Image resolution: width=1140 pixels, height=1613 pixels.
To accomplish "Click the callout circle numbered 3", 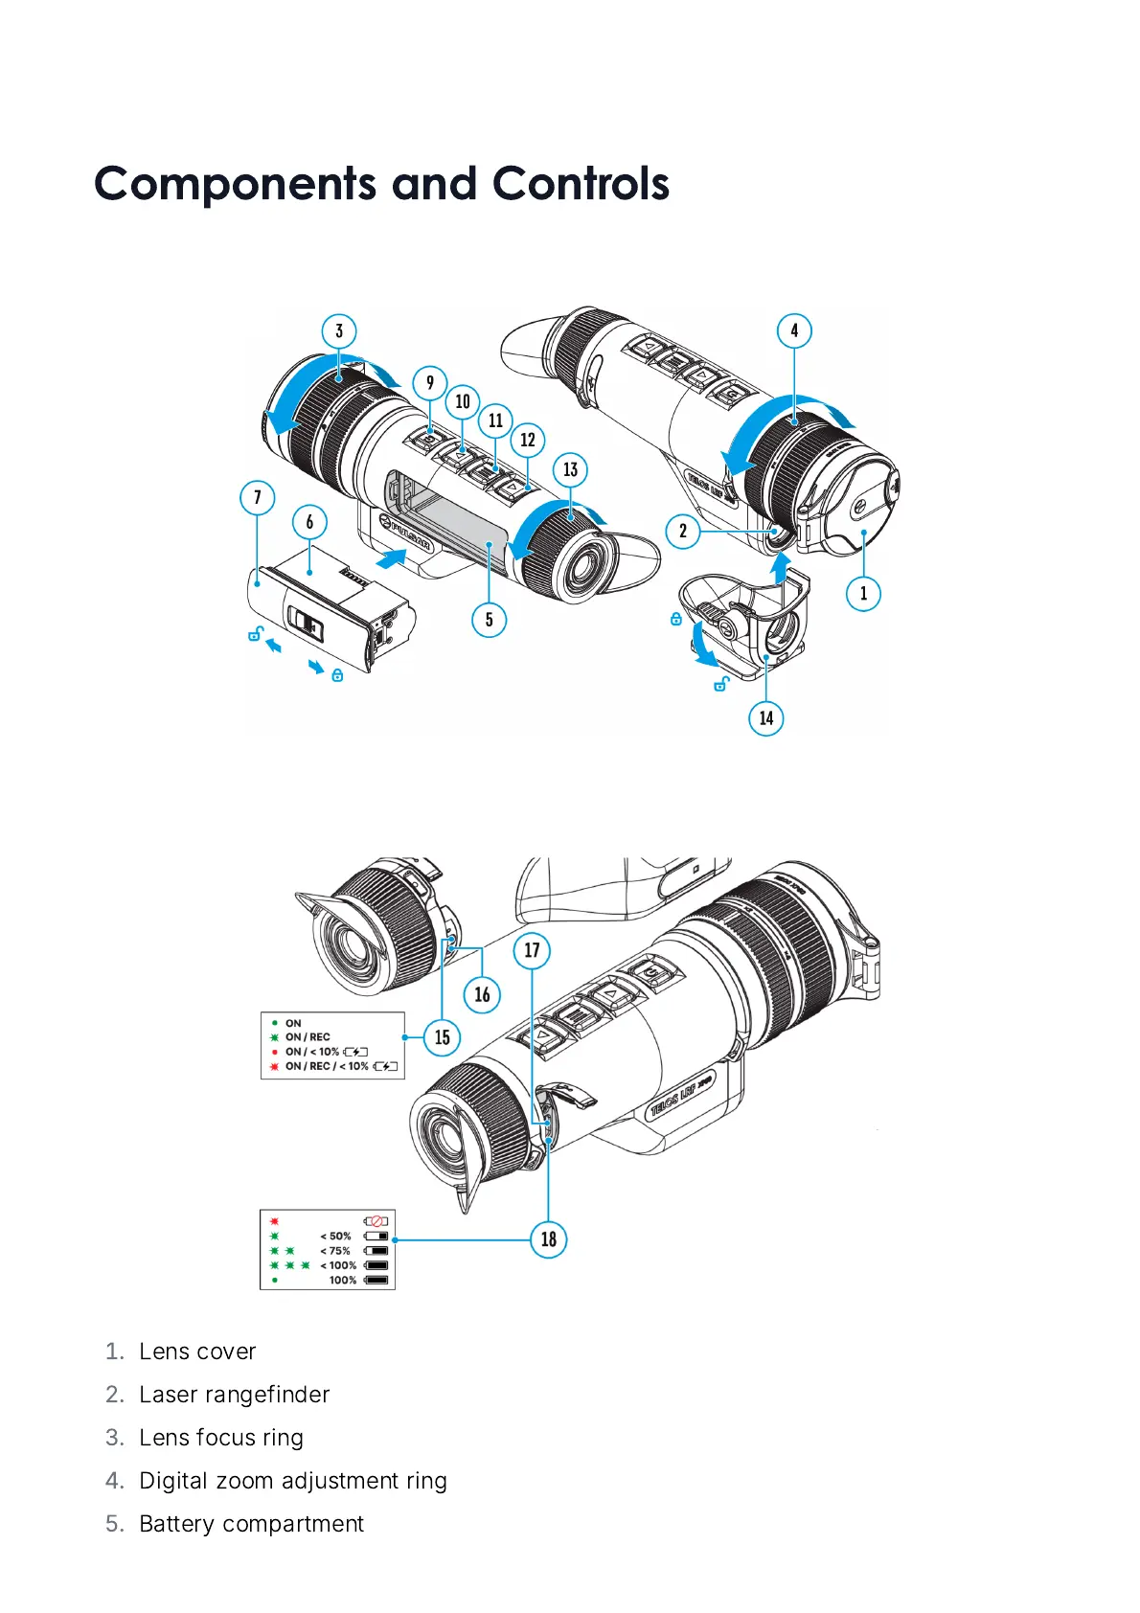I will [339, 331].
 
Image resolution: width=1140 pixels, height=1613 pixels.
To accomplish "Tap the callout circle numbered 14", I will [765, 717].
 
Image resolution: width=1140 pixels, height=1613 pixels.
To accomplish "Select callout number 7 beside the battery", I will [257, 497].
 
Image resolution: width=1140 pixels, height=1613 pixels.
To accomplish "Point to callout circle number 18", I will [549, 1239].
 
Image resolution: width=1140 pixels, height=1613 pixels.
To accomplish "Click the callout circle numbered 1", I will [863, 593].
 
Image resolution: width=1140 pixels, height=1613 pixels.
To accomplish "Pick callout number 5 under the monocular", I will [489, 620].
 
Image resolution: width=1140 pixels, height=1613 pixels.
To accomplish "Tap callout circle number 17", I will [532, 950].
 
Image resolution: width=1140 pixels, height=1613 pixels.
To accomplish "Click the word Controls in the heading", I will [581, 184].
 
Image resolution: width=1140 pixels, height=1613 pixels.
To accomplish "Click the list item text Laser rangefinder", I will [234, 1395].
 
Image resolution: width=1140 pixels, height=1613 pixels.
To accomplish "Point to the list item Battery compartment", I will [251, 1524].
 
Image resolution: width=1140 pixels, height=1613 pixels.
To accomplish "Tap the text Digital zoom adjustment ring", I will [292, 1481].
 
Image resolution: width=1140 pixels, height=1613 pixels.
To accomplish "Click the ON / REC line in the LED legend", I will [307, 1037].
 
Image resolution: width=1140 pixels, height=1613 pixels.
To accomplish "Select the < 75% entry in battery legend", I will [335, 1251].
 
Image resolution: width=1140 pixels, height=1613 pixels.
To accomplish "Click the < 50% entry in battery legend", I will [335, 1237].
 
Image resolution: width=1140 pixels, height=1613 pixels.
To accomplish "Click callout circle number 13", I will [571, 469].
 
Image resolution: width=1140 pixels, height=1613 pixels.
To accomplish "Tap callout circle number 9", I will [430, 383].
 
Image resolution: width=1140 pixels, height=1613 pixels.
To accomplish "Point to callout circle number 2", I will [683, 531].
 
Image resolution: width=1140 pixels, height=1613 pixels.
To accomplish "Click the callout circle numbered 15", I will [442, 1037].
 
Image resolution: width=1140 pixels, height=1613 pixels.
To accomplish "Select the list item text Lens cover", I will [197, 1352].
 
